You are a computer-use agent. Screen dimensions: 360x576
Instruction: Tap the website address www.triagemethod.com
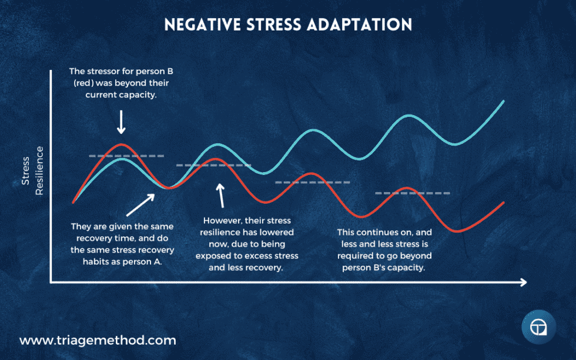(x=98, y=340)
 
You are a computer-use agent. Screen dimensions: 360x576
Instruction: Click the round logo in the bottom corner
(x=538, y=328)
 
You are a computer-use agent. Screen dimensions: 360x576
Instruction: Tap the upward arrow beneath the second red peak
(x=222, y=196)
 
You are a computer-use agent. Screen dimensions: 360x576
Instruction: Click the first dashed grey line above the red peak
(x=126, y=156)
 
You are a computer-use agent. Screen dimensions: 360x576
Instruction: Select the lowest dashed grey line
(x=412, y=193)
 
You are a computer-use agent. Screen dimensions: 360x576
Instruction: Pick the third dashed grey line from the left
(x=312, y=182)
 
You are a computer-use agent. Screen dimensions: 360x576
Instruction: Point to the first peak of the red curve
(x=121, y=144)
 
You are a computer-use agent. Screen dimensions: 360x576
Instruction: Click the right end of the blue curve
(x=504, y=101)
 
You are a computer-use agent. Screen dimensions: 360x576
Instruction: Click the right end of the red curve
(x=504, y=203)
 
